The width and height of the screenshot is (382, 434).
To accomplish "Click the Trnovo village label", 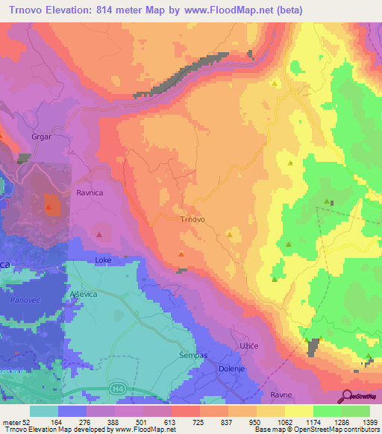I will point(192,220).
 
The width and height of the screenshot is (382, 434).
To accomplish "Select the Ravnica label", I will point(90,192).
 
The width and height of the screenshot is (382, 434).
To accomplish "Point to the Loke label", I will point(102,260).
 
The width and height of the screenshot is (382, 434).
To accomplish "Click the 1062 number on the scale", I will point(285,421).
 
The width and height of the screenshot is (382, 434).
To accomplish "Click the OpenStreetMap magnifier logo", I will point(347,395).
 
